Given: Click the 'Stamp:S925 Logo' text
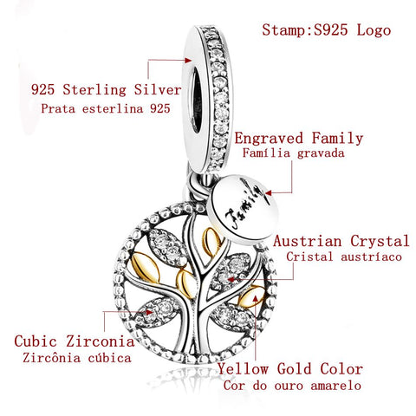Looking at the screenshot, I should coord(326,29).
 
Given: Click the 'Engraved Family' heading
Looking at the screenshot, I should coord(299,138).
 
